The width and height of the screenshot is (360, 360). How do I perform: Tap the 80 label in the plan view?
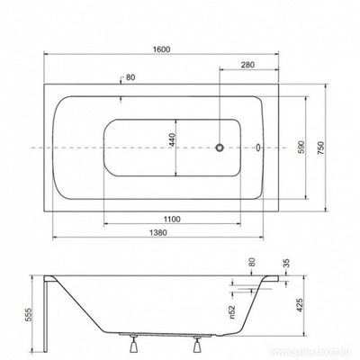(x=131, y=77)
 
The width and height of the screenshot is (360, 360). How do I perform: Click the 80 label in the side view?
(x=253, y=263)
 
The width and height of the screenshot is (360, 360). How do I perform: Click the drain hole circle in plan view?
(x=220, y=146)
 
